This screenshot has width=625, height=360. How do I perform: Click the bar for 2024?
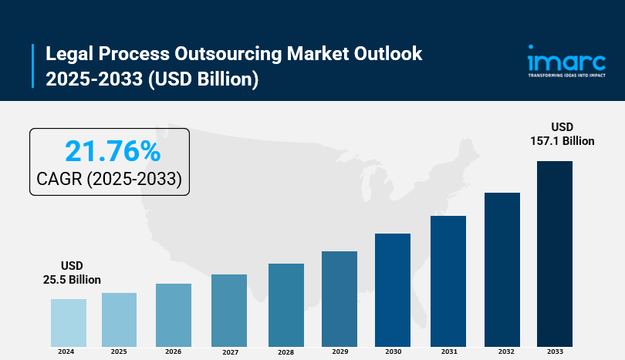tap(69, 322)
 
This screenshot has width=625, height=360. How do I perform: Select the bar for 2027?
tap(229, 310)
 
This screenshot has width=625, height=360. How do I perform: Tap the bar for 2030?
tap(393, 289)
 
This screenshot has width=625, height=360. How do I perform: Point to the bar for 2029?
tap(340, 298)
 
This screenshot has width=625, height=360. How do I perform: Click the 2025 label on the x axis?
tap(119, 352)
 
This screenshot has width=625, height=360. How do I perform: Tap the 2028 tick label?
tap(285, 352)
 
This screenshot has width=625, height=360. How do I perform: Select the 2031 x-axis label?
tap(448, 352)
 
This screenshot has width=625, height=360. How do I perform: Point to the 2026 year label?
tap(174, 352)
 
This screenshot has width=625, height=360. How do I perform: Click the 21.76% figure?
tap(113, 150)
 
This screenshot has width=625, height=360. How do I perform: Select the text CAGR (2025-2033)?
tap(109, 179)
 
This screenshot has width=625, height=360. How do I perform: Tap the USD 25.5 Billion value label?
tap(72, 272)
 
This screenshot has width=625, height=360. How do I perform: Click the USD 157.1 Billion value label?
tap(562, 133)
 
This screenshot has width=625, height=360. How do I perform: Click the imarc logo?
tap(566, 59)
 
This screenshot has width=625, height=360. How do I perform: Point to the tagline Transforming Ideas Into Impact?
tap(566, 76)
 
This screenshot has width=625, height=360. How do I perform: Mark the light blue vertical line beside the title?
tap(34, 66)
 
